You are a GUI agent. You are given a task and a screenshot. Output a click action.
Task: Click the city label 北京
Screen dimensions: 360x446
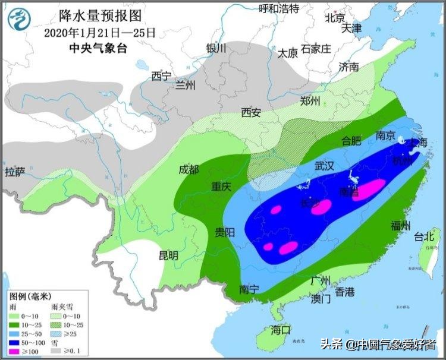[335, 18]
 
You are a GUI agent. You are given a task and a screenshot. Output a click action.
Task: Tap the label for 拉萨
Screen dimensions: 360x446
[16, 172]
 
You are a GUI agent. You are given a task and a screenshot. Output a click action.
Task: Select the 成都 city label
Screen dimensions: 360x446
[189, 170]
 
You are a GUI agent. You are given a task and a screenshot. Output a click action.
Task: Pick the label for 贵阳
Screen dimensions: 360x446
[225, 231]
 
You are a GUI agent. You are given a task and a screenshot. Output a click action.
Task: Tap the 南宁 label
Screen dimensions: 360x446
[249, 289]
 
